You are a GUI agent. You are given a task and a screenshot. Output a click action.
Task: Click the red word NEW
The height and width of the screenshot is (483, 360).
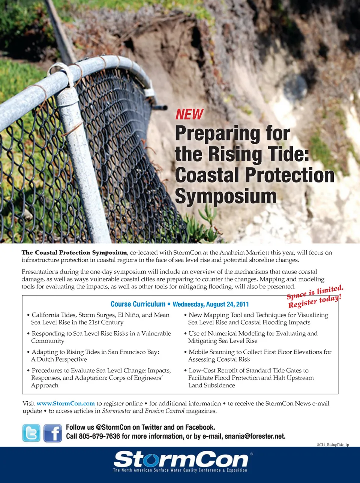[189, 114]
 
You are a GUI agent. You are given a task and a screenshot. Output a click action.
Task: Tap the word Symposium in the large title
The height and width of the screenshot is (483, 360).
[226, 196]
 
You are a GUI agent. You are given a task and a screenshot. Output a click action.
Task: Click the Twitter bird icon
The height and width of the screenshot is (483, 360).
[31, 433]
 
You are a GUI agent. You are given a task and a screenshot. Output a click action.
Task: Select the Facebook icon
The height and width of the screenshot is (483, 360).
[53, 433]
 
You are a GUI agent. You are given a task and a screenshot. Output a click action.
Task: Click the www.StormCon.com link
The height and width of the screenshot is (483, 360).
[66, 404]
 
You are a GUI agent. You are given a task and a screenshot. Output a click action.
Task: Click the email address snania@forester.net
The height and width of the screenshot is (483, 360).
[255, 436]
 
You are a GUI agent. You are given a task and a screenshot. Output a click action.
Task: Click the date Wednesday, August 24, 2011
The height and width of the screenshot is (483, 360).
[211, 304]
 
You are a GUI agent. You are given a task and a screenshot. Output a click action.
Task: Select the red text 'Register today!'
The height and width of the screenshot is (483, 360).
[315, 301]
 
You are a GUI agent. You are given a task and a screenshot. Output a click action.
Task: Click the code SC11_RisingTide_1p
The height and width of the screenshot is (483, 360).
[333, 445]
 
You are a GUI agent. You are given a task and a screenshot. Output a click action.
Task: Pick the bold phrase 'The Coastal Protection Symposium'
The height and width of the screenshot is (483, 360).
[74, 253]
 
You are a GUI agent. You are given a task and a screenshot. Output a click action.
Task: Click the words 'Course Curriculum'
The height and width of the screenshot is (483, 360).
[138, 304]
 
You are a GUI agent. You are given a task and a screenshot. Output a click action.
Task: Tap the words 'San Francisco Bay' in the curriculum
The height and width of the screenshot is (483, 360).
[133, 352]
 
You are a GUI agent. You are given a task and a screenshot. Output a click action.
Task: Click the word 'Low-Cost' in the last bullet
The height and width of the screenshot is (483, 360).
[202, 370]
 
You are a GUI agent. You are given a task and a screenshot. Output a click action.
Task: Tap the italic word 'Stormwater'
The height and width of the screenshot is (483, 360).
[117, 411]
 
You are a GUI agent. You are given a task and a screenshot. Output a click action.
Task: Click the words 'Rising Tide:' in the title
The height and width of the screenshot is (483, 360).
[259, 154]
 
